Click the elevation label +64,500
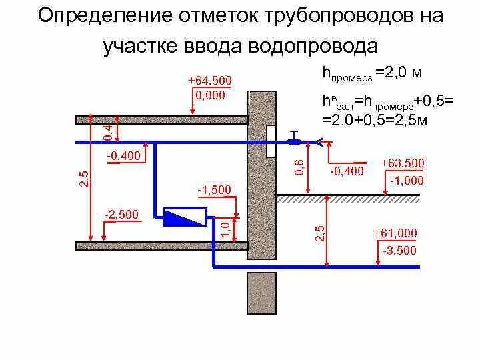(x=209, y=81)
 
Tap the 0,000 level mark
(x=209, y=95)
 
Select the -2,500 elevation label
(x=121, y=214)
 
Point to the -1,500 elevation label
(x=214, y=190)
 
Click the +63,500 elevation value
(x=402, y=163)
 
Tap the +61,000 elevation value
(x=395, y=233)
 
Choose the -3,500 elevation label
(x=399, y=250)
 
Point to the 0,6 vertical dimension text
(x=299, y=167)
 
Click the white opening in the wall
(x=272, y=141)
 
